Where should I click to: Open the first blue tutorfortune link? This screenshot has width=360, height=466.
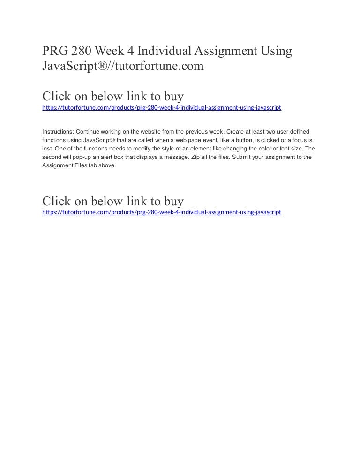(x=161, y=108)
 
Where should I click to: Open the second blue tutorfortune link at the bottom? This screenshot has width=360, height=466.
(x=161, y=212)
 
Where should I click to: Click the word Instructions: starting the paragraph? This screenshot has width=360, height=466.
(x=58, y=132)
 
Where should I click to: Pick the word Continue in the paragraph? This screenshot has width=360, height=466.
(x=89, y=132)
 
